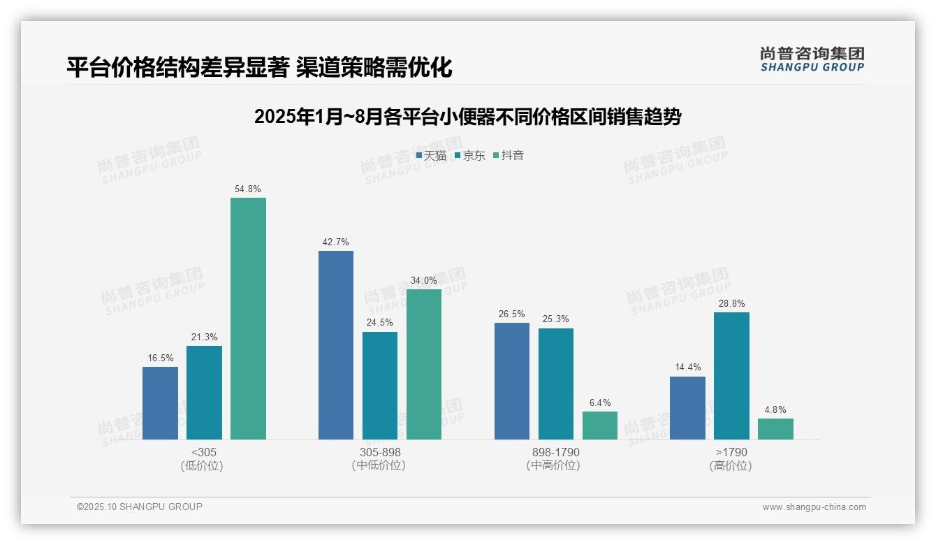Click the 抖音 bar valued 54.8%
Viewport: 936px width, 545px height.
click(248, 319)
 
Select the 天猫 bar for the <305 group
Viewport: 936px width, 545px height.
click(160, 403)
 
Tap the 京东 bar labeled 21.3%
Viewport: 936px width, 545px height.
click(204, 393)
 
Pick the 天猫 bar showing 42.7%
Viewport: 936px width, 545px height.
click(336, 345)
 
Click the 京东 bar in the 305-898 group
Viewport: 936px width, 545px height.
click(380, 386)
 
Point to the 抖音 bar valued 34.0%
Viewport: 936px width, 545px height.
click(424, 364)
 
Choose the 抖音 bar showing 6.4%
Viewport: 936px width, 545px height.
click(600, 426)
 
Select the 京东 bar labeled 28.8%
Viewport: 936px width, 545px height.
click(731, 376)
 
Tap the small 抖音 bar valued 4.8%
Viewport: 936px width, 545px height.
click(775, 429)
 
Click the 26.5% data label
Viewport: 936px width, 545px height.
click(512, 314)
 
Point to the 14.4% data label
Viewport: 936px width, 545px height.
click(687, 368)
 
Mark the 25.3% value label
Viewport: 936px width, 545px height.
click(556, 319)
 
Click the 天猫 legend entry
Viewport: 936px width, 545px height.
click(431, 156)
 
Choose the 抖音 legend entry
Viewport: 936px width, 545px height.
click(509, 156)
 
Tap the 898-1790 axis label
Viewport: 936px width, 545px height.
click(555, 453)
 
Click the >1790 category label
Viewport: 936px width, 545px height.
click(731, 453)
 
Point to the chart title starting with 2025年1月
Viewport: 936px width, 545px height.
click(467, 117)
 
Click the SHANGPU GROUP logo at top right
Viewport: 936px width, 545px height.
click(812, 59)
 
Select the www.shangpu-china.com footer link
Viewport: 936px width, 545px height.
click(814, 507)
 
